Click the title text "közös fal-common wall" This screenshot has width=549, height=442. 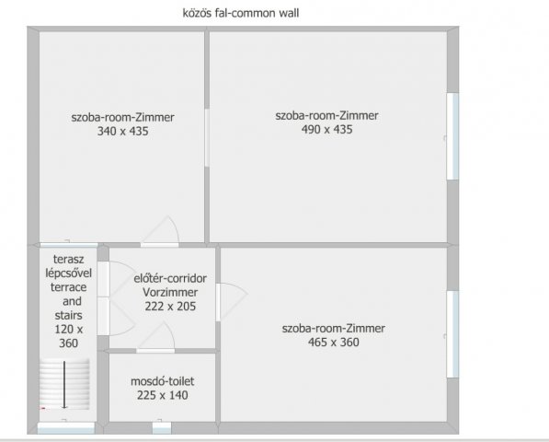click(x=242, y=13)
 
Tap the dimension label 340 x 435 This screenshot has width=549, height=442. click(x=122, y=132)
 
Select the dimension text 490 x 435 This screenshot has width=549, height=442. click(x=326, y=130)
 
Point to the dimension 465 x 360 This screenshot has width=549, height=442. click(x=334, y=343)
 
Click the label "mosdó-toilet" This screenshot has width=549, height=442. click(x=163, y=381)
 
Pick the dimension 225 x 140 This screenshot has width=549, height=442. click(x=162, y=396)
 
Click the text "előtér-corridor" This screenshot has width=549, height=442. click(x=170, y=277)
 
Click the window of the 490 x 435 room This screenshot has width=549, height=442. click(x=452, y=136)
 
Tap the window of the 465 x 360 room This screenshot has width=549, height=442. click(x=452, y=333)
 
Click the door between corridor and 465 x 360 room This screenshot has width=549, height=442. click(x=232, y=301)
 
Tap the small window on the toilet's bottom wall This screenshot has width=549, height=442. click(x=162, y=426)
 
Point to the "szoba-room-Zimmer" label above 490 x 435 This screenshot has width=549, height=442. click(x=326, y=115)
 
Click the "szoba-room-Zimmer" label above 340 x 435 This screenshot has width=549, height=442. click(x=122, y=117)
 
